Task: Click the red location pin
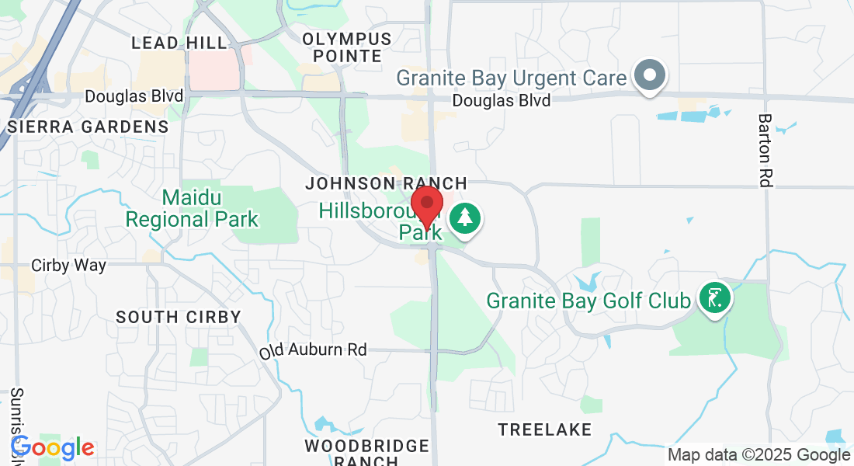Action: (427, 204)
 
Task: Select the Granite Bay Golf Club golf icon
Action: (713, 297)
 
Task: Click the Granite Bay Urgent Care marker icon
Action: (651, 76)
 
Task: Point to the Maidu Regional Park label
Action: (192, 208)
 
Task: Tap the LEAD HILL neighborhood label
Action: (179, 43)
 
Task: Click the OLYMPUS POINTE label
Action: (346, 47)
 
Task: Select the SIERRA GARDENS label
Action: (89, 127)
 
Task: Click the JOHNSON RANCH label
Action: (386, 183)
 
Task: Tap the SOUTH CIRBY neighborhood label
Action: (179, 317)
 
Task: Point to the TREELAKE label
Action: (545, 429)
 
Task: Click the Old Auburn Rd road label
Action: (313, 350)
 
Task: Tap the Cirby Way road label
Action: (68, 266)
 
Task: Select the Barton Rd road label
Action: (765, 150)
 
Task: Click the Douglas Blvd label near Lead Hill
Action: (134, 96)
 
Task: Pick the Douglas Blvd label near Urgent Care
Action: (502, 101)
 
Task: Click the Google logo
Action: (53, 448)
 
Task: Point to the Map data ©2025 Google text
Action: (759, 455)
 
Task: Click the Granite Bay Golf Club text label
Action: (588, 300)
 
